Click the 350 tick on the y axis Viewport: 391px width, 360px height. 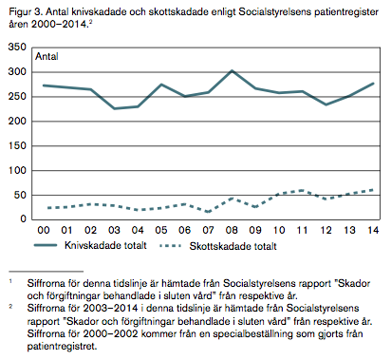pyautogui.click(x=17, y=47)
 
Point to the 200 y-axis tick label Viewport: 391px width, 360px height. pyautogui.click(x=17, y=121)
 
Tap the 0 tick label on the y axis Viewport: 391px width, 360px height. pyautogui.click(x=23, y=218)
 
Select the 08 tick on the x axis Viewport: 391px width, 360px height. pyautogui.click(x=232, y=230)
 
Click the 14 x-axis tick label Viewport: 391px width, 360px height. pyautogui.click(x=373, y=230)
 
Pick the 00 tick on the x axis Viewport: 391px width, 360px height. pyautogui.click(x=44, y=230)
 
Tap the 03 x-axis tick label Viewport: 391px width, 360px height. pyautogui.click(x=114, y=230)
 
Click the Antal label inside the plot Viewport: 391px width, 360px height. pyautogui.click(x=47, y=56)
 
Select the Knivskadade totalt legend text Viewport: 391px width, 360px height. pyautogui.click(x=105, y=245)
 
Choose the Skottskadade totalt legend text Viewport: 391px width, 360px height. pyautogui.click(x=233, y=246)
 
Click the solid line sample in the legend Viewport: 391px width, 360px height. pyautogui.click(x=46, y=245)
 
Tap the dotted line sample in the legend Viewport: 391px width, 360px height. pyautogui.click(x=171, y=246)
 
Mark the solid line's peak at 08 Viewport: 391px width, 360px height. pyautogui.click(x=232, y=70)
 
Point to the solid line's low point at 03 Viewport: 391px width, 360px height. pyautogui.click(x=114, y=108)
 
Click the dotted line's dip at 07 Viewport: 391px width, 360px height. pyautogui.click(x=208, y=212)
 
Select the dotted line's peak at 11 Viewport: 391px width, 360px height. pyautogui.click(x=302, y=190)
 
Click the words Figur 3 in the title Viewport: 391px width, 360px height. pyautogui.click(x=26, y=12)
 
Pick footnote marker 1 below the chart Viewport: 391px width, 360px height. pyautogui.click(x=10, y=281)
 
